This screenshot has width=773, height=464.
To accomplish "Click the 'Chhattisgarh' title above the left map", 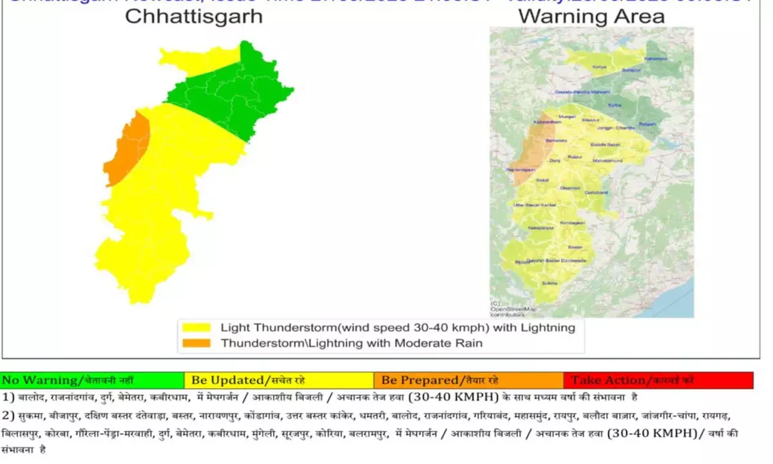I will pos(194,15).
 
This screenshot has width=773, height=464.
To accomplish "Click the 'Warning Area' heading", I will pos(591,15).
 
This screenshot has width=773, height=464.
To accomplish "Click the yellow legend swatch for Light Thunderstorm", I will pos(196,327).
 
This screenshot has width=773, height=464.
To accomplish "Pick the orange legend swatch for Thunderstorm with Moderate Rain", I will pos(196,343).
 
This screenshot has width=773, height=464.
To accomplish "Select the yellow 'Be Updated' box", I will pos(278,380).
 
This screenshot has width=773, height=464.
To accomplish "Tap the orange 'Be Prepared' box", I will pos(468,380).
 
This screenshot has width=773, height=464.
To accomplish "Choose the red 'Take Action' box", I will pos(658,380).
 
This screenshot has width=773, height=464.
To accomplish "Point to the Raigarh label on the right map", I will pos(647,124).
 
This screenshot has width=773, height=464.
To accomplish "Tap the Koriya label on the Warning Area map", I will pos(600,67).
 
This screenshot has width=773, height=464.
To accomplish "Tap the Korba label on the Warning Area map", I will pos(615,105).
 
